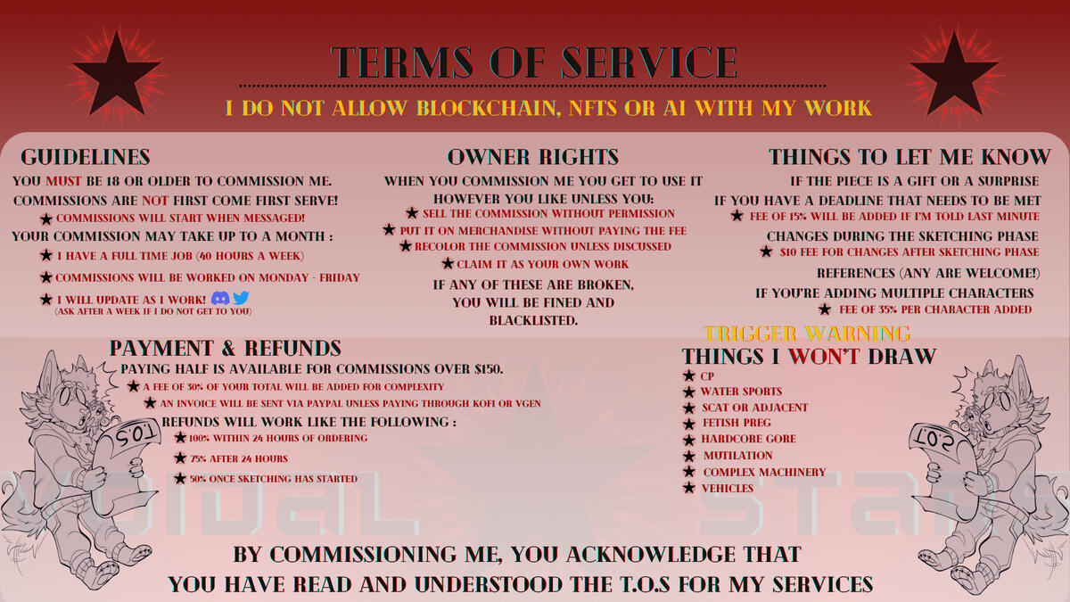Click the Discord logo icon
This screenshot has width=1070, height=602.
tap(220, 298)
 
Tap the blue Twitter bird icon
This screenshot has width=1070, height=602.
tap(241, 298)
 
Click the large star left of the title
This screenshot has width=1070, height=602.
tap(116, 74)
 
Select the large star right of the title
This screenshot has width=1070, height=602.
tap(954, 74)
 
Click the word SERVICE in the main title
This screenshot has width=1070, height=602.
tap(650, 62)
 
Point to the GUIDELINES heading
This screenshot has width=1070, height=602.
tap(86, 157)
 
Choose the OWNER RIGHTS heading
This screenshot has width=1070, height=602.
tap(533, 157)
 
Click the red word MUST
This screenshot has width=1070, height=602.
tap(63, 181)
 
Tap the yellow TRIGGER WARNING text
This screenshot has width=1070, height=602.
tap(807, 334)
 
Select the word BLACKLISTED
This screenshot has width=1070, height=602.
tap(533, 320)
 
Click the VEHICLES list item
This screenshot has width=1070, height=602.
tap(728, 489)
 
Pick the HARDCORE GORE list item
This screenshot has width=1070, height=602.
tap(748, 439)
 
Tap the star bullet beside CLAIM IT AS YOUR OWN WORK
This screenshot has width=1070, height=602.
tap(448, 263)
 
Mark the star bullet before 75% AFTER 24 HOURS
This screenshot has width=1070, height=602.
tap(180, 458)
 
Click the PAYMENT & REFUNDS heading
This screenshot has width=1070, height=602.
tap(226, 349)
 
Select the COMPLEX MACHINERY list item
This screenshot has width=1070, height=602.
tap(764, 472)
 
